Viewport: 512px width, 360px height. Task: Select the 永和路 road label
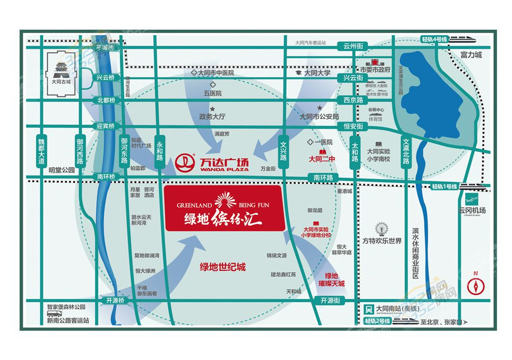160,153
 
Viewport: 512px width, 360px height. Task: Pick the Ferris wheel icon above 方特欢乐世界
382,230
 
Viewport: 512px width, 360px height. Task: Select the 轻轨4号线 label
434,39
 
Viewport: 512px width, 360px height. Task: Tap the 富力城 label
470,54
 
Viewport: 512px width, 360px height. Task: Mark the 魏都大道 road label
42,151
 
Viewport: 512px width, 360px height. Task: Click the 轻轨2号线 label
376,321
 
